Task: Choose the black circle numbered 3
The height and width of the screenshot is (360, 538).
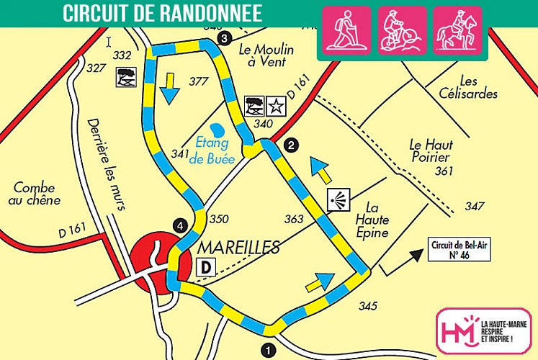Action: [225, 37]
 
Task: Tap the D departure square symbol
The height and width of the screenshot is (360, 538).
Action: [207, 267]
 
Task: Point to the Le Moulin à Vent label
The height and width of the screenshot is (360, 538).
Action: [262, 55]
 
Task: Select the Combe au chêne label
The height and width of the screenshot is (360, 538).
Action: [36, 193]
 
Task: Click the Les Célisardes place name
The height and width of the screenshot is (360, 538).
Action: [468, 87]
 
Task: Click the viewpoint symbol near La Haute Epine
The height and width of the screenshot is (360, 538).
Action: [338, 201]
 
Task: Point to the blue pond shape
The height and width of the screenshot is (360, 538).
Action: [220, 130]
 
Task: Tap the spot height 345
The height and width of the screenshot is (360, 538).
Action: [367, 306]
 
